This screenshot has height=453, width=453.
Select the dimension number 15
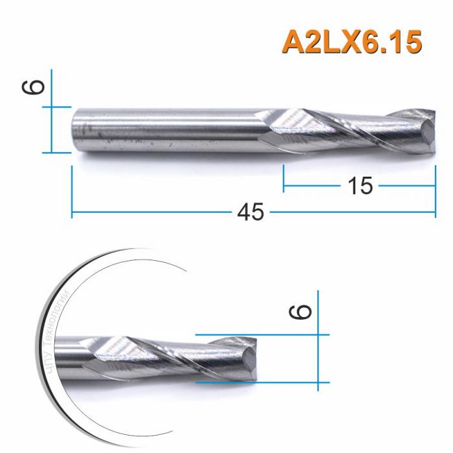pos(360,186)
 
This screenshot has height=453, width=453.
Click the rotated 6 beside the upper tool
pos(36,87)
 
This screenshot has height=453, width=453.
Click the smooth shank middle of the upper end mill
pos(168,129)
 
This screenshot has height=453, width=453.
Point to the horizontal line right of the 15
pos(405,187)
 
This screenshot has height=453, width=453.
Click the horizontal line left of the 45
pos(155,212)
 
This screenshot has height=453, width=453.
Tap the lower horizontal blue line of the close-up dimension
pos(259,382)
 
